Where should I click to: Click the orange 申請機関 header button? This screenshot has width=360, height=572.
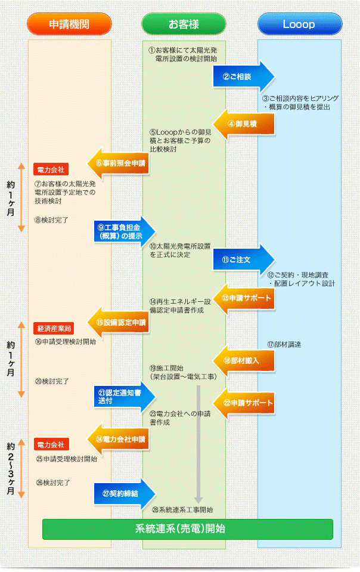70,24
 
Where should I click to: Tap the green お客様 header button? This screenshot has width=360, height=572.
184,24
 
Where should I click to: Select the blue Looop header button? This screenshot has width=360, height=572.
299,24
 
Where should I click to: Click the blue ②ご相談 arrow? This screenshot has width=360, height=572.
243,77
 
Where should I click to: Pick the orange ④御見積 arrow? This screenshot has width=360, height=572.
244,124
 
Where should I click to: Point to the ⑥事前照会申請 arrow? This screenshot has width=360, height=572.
119,162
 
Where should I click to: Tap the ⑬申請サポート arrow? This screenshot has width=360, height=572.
244,298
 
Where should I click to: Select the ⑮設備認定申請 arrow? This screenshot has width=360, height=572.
119,322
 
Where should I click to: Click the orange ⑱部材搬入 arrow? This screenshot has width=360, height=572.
244,360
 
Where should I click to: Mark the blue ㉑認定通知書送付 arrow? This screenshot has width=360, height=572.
124,397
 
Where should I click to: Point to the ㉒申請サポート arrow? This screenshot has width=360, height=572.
244,403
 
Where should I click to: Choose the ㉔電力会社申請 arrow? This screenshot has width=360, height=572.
119,439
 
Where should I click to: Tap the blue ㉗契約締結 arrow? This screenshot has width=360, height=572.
124,493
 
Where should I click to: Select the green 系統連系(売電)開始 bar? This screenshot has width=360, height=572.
187,528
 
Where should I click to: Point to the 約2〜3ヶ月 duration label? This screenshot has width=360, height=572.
11,468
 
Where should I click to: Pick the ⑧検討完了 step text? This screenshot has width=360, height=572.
51,219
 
